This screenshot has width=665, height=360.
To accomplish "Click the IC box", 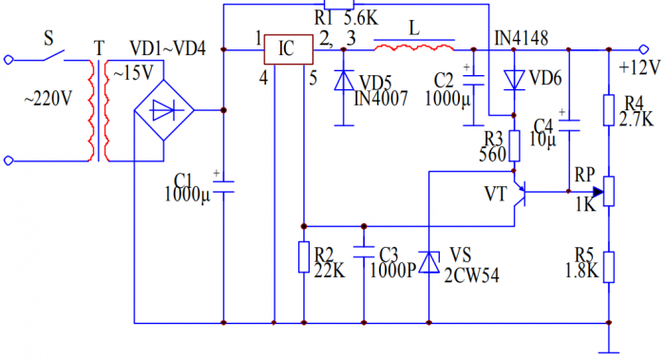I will point(289,49).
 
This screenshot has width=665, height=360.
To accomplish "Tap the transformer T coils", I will point(99,112).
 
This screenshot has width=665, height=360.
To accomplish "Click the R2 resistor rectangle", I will point(303,257).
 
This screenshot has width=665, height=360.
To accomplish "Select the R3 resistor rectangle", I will point(514,146).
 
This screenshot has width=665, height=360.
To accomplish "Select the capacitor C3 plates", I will point(363,255).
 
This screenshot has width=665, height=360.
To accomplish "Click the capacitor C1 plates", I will point(223,188).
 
